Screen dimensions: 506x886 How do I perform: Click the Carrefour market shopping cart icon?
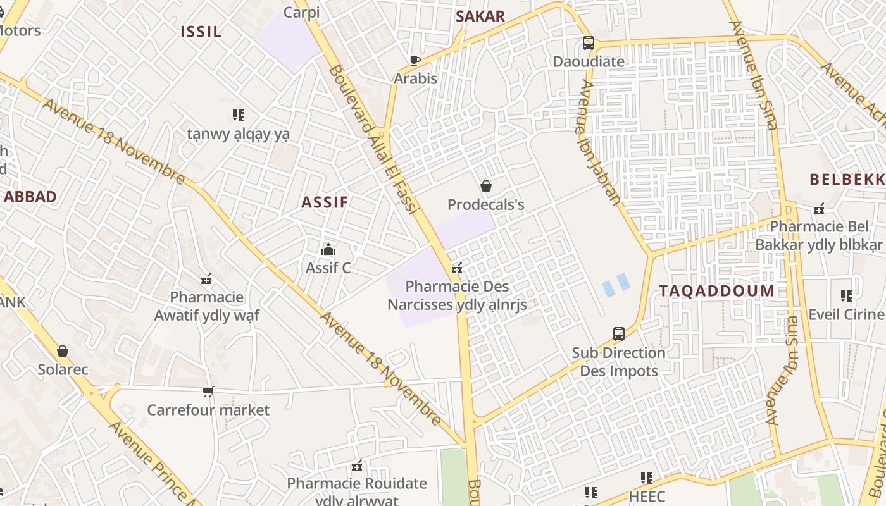[208, 392]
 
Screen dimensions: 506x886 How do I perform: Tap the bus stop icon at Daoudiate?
[589, 43]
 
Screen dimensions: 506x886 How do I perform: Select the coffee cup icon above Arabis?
[415, 60]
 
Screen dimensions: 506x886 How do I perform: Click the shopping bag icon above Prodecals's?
[486, 186]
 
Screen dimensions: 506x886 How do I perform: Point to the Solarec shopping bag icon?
[63, 351]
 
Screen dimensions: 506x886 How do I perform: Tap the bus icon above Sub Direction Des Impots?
[619, 334]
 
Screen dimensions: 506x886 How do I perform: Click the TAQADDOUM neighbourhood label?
[716, 291]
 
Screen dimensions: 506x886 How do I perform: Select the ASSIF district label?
[325, 202]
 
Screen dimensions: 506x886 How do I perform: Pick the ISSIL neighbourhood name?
[201, 32]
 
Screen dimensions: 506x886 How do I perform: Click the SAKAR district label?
[480, 16]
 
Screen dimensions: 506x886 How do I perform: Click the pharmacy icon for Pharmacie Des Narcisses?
[457, 268]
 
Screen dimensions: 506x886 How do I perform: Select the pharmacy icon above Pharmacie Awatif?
[206, 279]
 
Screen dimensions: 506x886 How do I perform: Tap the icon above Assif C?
[328, 250]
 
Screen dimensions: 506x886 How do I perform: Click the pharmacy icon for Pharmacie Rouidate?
[357, 466]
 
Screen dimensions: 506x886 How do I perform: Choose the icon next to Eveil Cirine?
[847, 295]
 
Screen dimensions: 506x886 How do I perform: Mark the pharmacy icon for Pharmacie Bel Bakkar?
[820, 208]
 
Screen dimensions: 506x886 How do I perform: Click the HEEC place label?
[647, 496]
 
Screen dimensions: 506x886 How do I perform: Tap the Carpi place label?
[301, 12]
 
